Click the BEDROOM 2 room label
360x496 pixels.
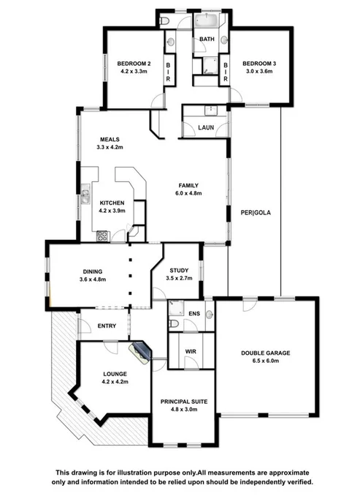[x=134, y=63]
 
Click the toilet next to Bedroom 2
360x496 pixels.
[x=166, y=20]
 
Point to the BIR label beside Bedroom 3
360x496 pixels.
[x=226, y=71]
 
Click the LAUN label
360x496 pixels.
[x=205, y=127]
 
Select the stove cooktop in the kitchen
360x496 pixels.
[x=102, y=236]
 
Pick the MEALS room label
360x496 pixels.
[x=110, y=139]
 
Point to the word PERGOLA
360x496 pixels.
[x=256, y=213]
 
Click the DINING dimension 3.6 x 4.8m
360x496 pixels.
[x=93, y=279]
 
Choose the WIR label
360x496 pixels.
[x=190, y=352]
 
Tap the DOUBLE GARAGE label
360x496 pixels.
[x=266, y=353]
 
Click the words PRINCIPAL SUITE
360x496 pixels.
[x=184, y=401]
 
